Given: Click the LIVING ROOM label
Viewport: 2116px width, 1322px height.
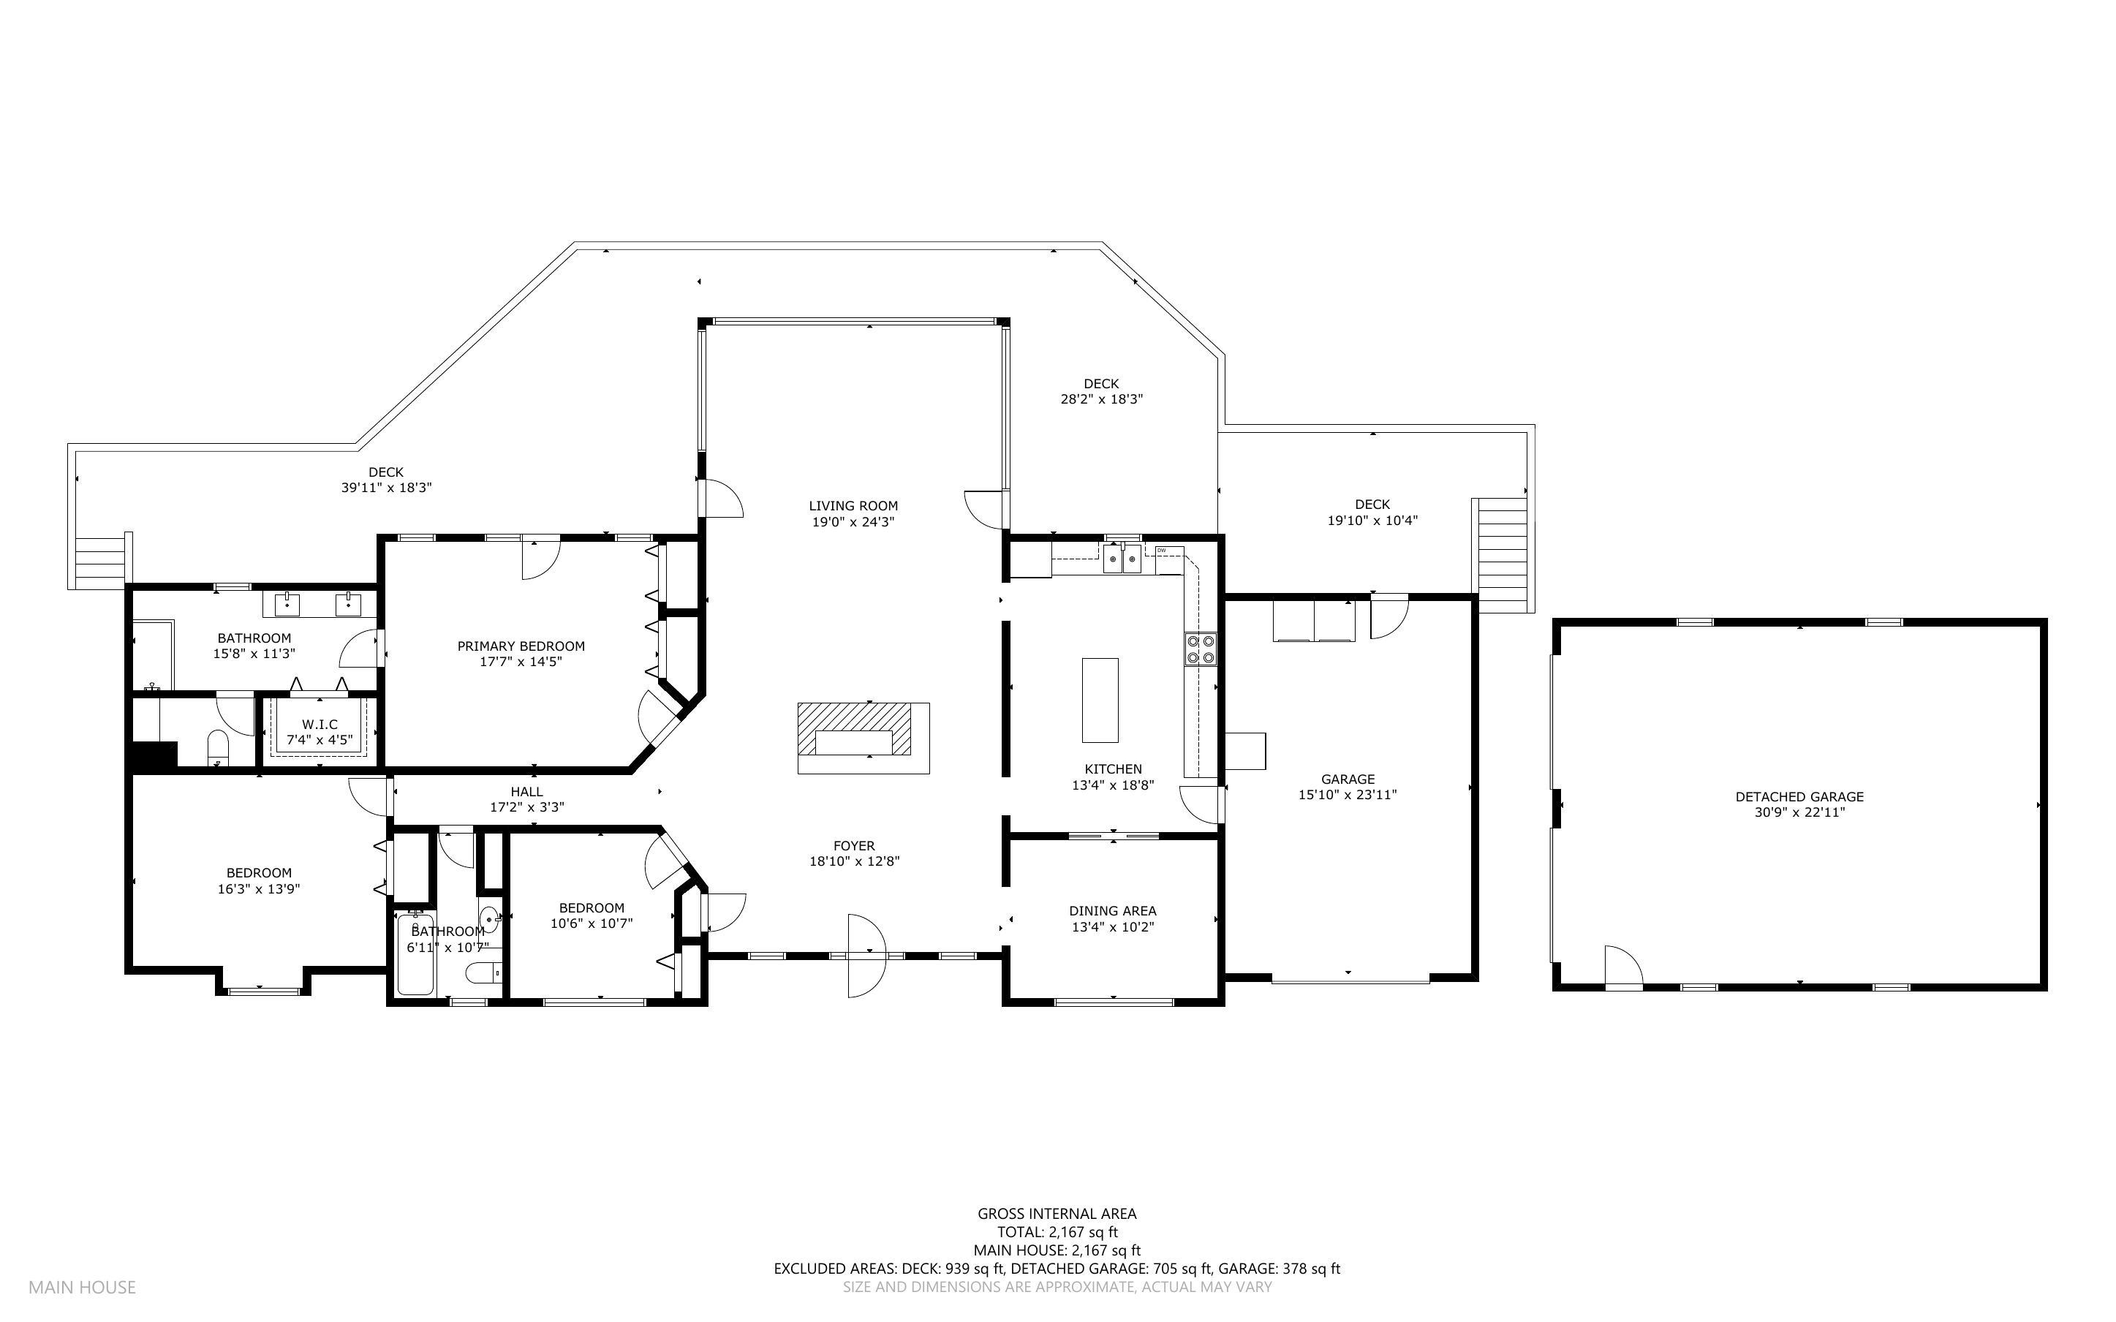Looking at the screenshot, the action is click(853, 506).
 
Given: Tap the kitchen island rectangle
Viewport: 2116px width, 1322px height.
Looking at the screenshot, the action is click(1100, 700).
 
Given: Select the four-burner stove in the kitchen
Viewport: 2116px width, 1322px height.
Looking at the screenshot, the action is click(1200, 649).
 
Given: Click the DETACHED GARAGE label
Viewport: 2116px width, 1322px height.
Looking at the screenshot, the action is click(1799, 796).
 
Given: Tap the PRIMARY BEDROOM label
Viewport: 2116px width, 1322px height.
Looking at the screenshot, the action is click(521, 646).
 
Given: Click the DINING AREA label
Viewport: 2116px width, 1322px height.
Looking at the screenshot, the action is click(1113, 911).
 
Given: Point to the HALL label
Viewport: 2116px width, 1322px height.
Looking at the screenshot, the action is click(527, 791).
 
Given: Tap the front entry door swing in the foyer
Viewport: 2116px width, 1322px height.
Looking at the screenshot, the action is click(867, 956).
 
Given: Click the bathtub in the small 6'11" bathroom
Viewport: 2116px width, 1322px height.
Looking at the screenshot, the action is click(415, 955).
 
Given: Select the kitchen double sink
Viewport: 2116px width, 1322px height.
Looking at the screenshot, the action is click(1122, 558).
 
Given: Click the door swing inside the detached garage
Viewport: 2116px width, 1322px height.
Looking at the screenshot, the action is click(1623, 965).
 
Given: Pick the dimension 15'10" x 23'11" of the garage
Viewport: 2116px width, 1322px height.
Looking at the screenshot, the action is click(1348, 795).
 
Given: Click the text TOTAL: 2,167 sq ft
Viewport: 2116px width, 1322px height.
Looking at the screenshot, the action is click(1057, 1232).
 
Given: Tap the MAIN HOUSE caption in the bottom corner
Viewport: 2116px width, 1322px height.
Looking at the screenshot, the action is click(82, 1287).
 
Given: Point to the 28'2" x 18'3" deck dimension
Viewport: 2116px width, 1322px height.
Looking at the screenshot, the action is click(1101, 399).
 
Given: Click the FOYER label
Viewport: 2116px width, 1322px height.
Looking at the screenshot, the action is click(854, 845).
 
